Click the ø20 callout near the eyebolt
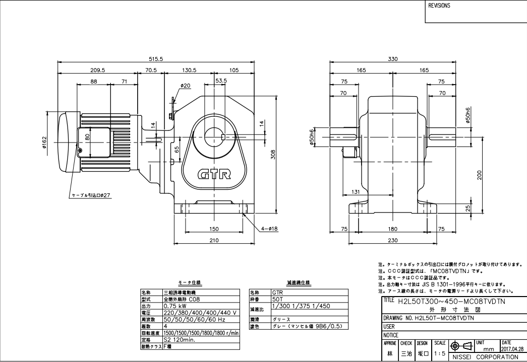tap(185, 86)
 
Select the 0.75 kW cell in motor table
tap(177, 305)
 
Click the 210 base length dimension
tap(214, 241)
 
